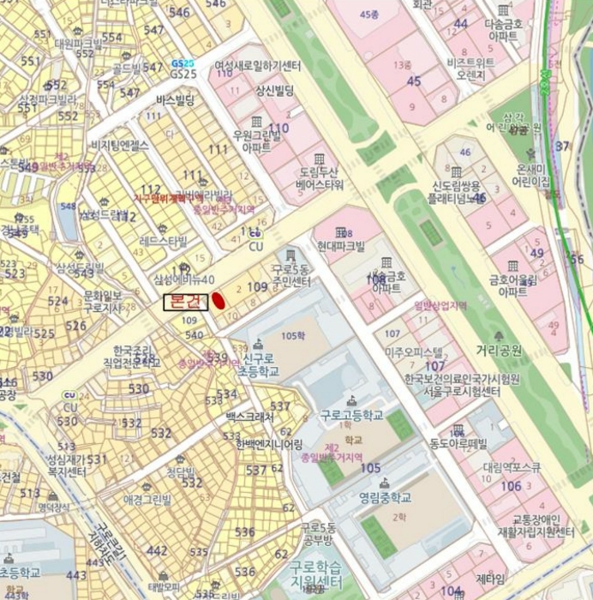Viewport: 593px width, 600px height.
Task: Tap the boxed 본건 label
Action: click(x=185, y=302)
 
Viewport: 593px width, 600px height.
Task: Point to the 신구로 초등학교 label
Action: click(x=261, y=365)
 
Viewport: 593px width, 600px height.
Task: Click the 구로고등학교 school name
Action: click(x=351, y=414)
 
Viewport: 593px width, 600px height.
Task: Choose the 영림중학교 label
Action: click(x=385, y=496)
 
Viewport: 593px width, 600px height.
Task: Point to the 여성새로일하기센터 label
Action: click(x=257, y=66)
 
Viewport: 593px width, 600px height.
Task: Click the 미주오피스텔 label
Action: click(x=414, y=352)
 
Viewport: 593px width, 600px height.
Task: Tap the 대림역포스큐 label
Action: click(x=512, y=468)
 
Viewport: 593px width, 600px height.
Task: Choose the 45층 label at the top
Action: click(x=369, y=14)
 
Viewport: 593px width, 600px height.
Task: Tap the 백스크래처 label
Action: click(x=249, y=417)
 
